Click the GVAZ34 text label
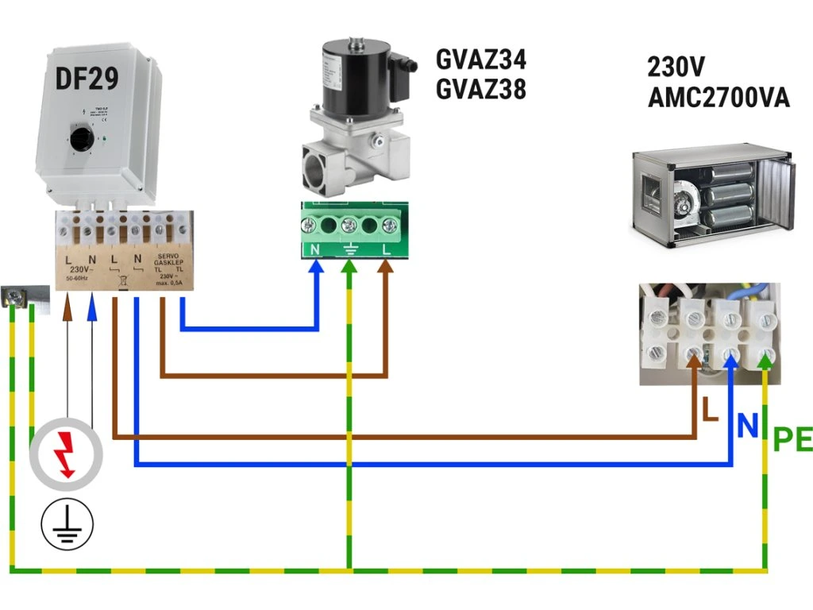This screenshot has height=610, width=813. click(481, 60)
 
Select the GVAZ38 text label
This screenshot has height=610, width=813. click(481, 90)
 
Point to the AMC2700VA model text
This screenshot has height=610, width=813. click(719, 98)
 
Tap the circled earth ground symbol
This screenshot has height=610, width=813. click(67, 523)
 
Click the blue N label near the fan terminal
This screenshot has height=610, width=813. click(747, 427)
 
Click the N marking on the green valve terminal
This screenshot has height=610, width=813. click(314, 249)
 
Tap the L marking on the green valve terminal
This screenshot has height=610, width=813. click(387, 249)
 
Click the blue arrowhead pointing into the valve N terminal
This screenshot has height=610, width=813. click(317, 268)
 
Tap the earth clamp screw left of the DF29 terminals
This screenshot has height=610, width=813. click(15, 297)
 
